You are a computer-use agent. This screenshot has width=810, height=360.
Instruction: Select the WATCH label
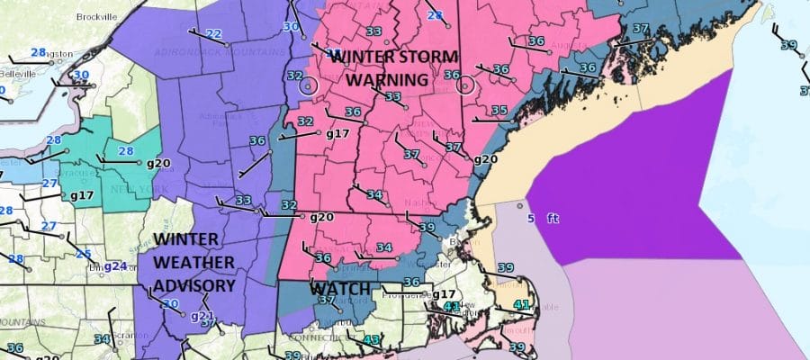tap(340, 290)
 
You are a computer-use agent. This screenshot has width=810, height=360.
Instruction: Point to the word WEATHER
tap(193, 262)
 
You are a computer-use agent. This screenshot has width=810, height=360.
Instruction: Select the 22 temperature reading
tap(214, 34)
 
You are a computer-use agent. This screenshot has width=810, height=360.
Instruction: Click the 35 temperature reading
tap(499, 111)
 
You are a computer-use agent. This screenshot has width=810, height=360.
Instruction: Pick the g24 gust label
tap(114, 266)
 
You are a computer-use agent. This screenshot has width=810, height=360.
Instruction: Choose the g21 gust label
tap(202, 316)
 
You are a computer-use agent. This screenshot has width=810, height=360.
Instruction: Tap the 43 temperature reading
tap(373, 339)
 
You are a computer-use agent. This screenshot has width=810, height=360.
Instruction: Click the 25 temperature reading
tap(84, 255)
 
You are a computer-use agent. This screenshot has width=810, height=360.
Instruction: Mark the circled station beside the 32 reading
tap(309, 85)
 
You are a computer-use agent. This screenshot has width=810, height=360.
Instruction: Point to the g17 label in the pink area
tap(337, 134)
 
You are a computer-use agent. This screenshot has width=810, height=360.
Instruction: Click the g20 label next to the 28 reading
tap(158, 163)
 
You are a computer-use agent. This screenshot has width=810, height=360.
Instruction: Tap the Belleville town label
tap(17, 73)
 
